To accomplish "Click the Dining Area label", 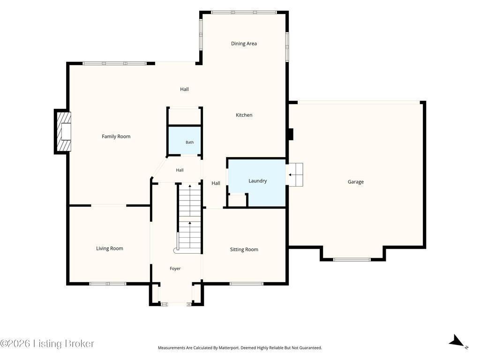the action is click(244, 44).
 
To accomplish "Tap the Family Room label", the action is click(116, 136).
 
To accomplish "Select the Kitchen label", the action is click(244, 115).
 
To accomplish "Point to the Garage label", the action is click(356, 182).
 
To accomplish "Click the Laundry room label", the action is click(257, 181).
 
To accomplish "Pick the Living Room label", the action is click(110, 248).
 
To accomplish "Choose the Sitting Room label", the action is click(244, 249).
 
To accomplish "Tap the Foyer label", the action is click(175, 269).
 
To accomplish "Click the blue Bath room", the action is click(184, 141).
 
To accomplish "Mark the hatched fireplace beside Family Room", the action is click(64, 131).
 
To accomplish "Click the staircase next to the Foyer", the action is click(189, 217).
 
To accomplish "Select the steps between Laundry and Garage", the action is click(295, 175).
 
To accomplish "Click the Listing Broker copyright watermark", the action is click(47, 344).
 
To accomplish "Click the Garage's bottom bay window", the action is click(352, 260).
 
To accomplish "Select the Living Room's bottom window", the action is click(108, 284).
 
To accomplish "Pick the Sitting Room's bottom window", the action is click(247, 284).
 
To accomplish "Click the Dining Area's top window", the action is click(244, 13).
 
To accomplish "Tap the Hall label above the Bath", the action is click(184, 90).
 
